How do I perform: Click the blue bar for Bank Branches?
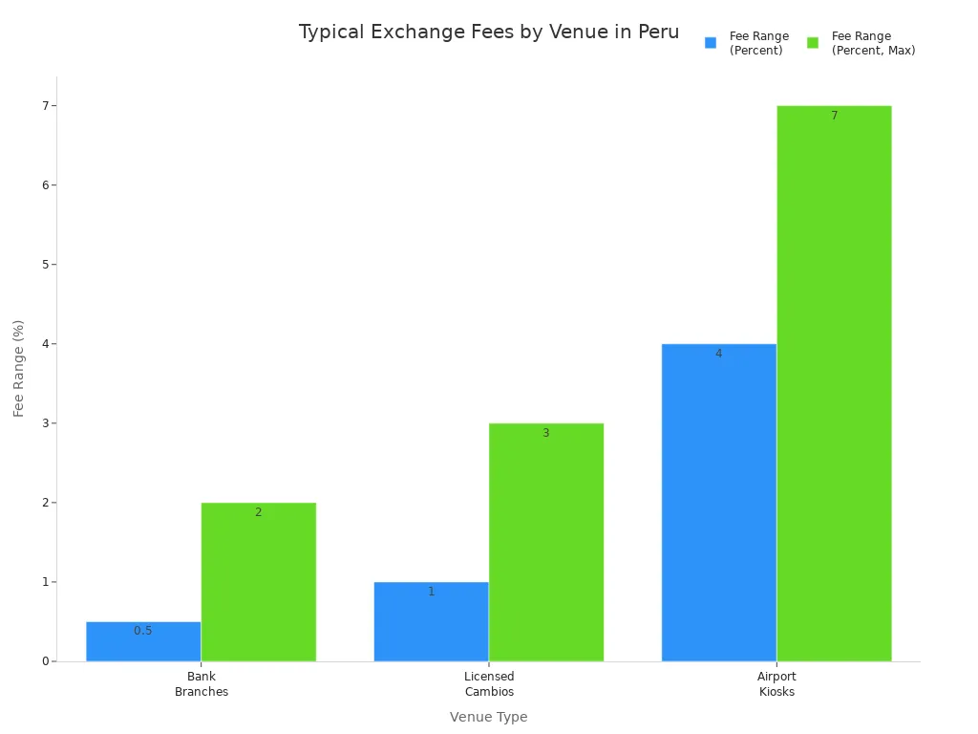pyautogui.click(x=143, y=642)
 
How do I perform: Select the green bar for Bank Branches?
pyautogui.click(x=258, y=583)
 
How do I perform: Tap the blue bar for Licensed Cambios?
pyautogui.click(x=431, y=622)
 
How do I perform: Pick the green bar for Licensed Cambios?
pyautogui.click(x=545, y=543)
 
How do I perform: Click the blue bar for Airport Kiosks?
pyautogui.click(x=718, y=503)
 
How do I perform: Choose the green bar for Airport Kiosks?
pyautogui.click(x=834, y=383)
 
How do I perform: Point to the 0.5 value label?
pyautogui.click(x=143, y=631)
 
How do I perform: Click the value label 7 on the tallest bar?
pyautogui.click(x=834, y=116)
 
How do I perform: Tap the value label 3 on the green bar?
pyautogui.click(x=545, y=433)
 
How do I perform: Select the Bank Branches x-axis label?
pyautogui.click(x=202, y=684)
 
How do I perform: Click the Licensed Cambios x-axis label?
pyautogui.click(x=489, y=684)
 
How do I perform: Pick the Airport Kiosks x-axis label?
pyautogui.click(x=776, y=684)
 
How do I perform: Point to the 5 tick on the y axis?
pyautogui.click(x=44, y=264)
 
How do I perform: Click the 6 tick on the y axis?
pyautogui.click(x=44, y=184)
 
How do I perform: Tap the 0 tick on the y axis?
pyautogui.click(x=44, y=661)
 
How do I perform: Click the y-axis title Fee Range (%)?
pyautogui.click(x=19, y=369)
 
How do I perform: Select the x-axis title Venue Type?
pyautogui.click(x=488, y=717)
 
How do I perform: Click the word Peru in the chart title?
pyautogui.click(x=659, y=32)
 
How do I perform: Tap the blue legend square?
pyautogui.click(x=711, y=43)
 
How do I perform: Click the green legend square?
pyautogui.click(x=813, y=43)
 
